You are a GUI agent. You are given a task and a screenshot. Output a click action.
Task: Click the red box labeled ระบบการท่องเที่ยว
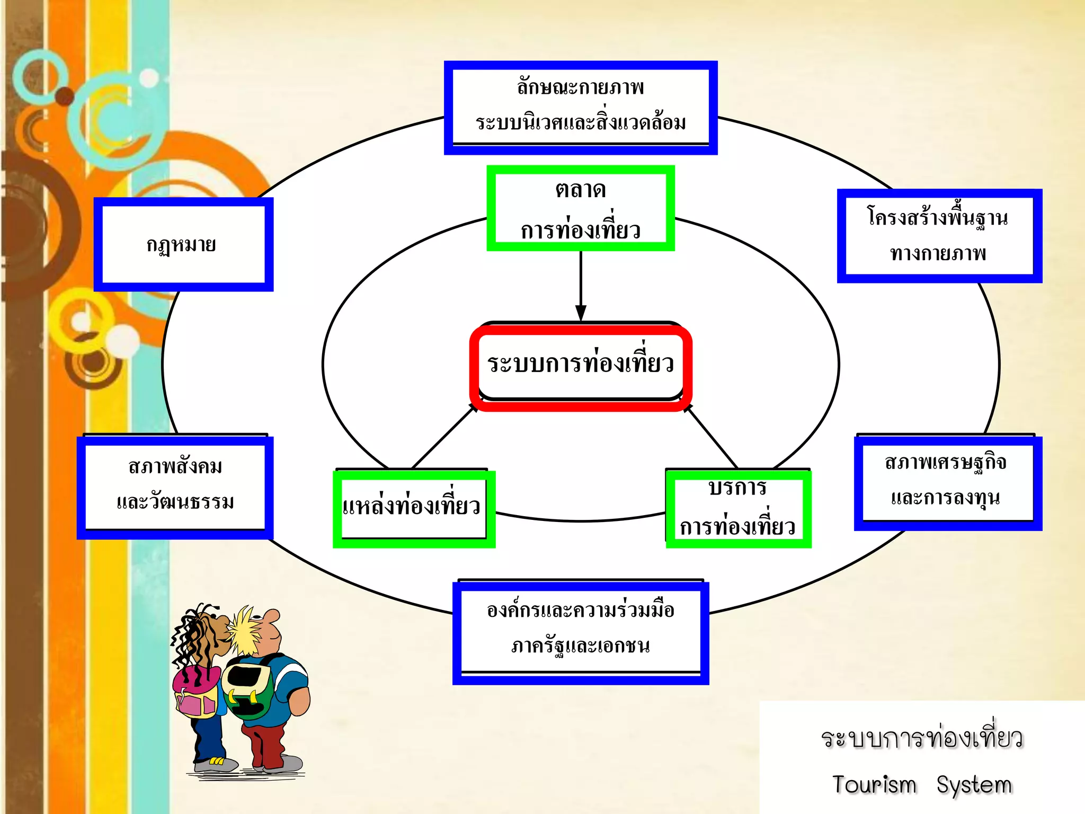tap(581, 366)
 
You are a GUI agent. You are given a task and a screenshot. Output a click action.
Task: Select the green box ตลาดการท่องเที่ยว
tap(581, 208)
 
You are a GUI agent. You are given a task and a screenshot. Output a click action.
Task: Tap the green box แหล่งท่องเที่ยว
tap(414, 508)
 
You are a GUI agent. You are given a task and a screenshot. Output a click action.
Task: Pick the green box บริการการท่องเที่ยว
tap(738, 508)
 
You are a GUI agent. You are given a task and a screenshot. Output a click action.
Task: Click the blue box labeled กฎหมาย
tap(183, 244)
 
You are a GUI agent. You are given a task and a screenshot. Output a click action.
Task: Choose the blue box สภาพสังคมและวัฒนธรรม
tap(175, 486)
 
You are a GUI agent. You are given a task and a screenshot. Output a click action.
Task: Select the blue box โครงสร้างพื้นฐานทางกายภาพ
tap(939, 236)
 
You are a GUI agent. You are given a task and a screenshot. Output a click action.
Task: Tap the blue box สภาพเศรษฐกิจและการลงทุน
tap(947, 482)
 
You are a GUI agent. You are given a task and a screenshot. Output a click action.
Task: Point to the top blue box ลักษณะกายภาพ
tap(581, 108)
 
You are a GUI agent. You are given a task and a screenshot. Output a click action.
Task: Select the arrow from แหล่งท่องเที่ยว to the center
tap(444, 436)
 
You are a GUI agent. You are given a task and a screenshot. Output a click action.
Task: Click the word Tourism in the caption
tap(874, 785)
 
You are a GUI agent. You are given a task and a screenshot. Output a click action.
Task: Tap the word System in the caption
tap(974, 785)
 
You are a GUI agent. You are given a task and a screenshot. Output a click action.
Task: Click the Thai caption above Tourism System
tap(922, 738)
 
